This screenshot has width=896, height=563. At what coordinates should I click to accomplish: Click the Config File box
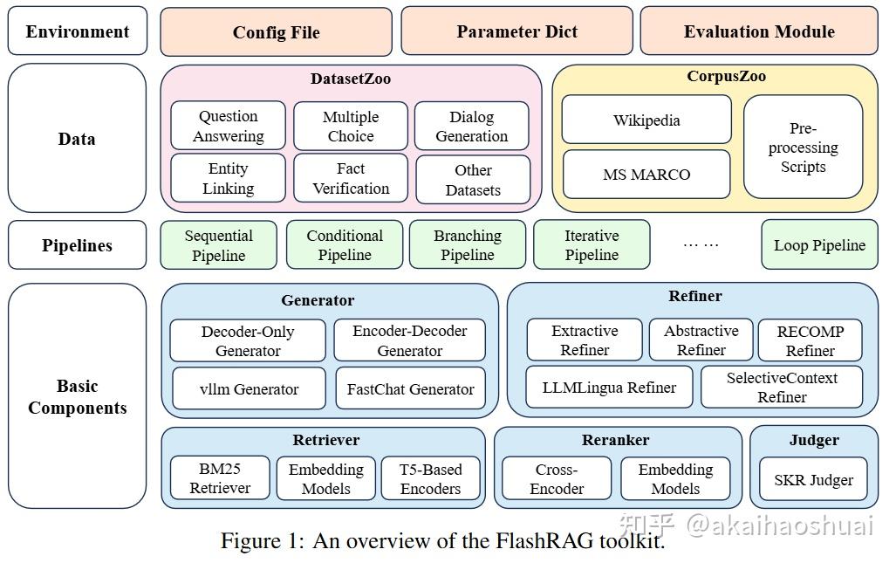tap(276, 32)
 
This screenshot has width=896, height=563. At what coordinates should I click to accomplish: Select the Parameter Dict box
tap(516, 31)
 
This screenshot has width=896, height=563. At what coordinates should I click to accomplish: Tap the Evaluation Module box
tap(759, 31)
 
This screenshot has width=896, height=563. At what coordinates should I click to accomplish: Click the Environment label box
tap(77, 31)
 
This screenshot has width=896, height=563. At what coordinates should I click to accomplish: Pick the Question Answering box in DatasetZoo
tap(228, 126)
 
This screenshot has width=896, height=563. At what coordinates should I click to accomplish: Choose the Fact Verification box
tap(351, 178)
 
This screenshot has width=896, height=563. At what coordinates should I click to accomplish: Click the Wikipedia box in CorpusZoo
tap(646, 120)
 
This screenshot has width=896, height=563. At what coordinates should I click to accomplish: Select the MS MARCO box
tap(646, 175)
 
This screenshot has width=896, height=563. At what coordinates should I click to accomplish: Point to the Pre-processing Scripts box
tap(803, 147)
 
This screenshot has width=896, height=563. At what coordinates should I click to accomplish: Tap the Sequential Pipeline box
tap(218, 245)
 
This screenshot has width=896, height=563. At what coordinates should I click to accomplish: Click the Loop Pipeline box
tap(819, 244)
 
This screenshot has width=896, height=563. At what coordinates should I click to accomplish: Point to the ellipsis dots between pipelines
tap(701, 244)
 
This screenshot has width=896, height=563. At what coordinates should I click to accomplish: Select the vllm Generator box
tap(249, 388)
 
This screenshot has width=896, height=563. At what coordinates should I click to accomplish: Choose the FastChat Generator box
tap(410, 388)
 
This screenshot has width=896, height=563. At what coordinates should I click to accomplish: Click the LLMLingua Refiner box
tap(609, 387)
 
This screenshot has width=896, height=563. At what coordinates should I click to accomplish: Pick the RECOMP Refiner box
tap(811, 340)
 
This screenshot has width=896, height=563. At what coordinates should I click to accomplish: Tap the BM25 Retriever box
tap(220, 477)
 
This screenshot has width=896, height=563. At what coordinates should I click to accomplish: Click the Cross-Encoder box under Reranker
tap(557, 478)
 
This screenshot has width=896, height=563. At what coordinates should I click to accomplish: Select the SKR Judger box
tap(813, 479)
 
